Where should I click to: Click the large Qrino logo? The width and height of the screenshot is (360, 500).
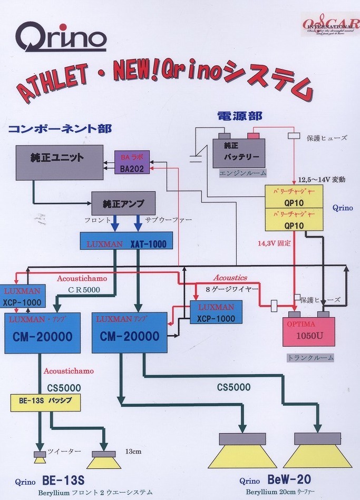pos(61,38)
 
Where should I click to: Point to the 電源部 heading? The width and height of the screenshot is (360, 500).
pos(240,116)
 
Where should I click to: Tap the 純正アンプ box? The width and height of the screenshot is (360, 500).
pos(123,203)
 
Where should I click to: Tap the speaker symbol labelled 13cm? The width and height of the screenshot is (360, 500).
pos(103,459)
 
